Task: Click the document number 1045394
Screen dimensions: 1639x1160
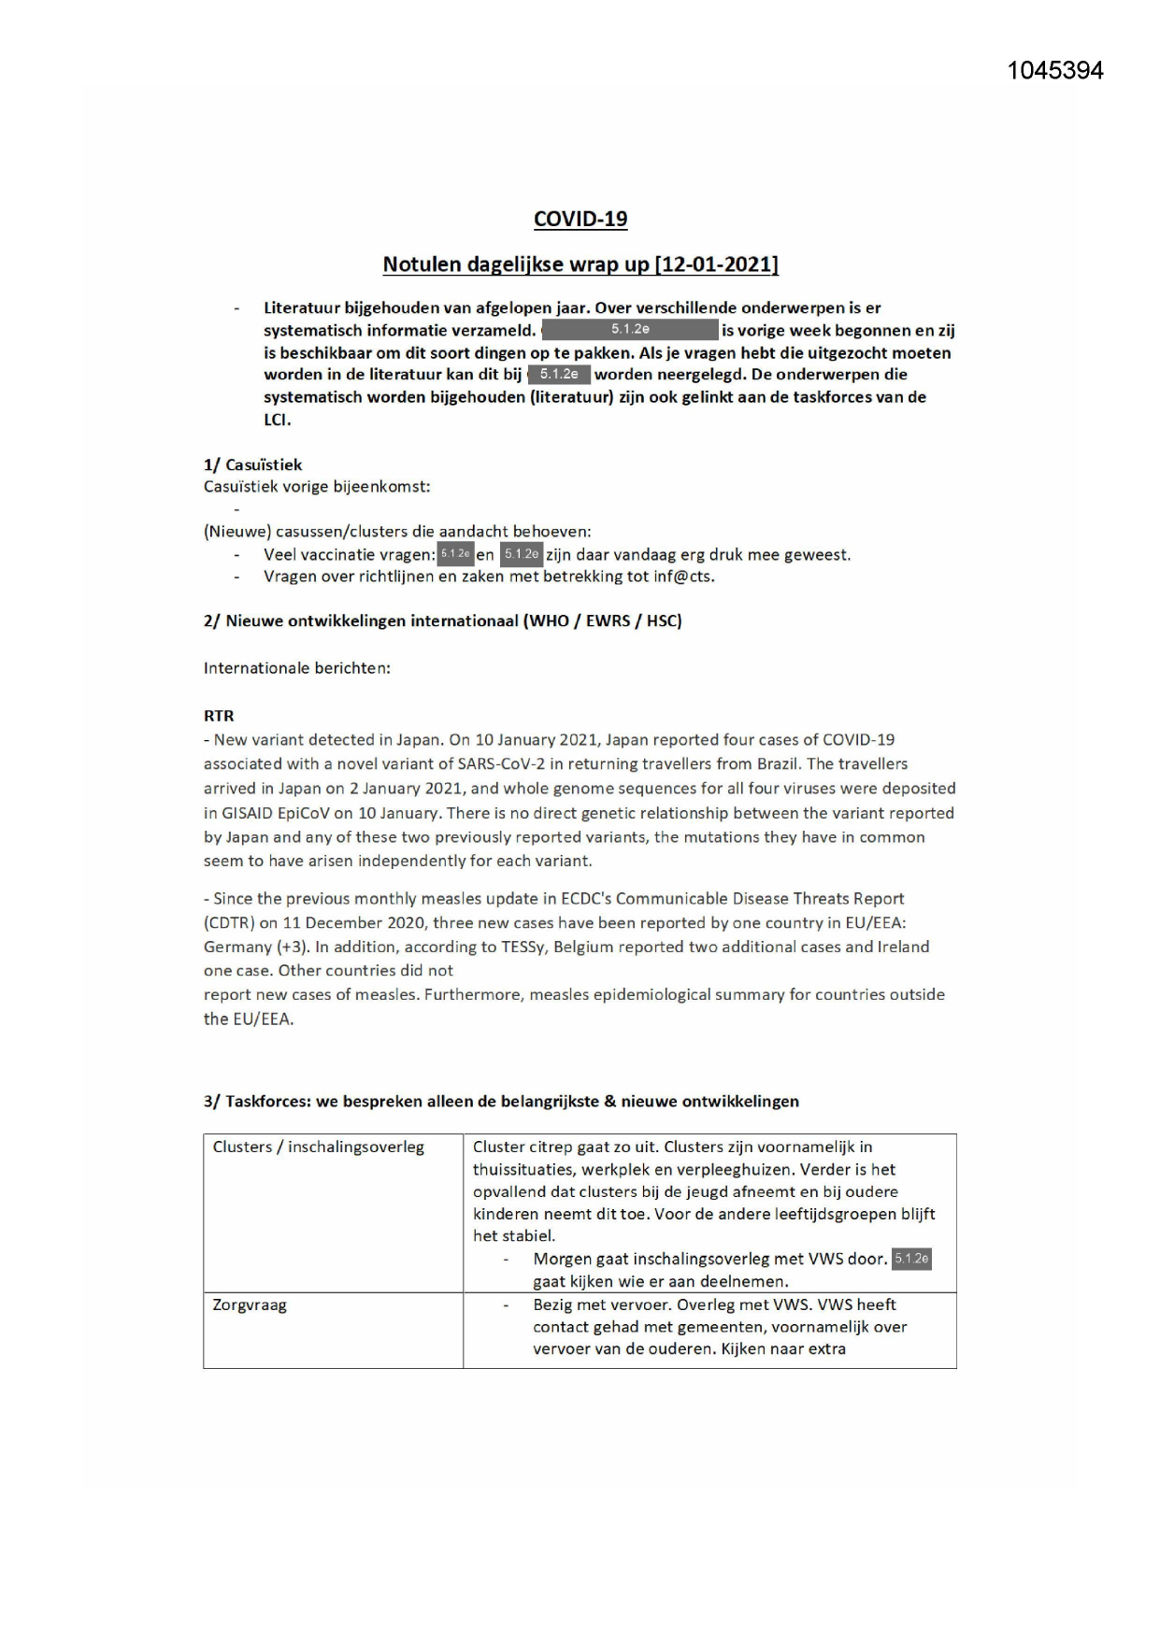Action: [1054, 71]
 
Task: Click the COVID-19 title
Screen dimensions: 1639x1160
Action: [580, 219]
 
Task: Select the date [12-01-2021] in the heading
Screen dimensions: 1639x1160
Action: [716, 264]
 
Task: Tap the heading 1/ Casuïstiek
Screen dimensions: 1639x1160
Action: [252, 464]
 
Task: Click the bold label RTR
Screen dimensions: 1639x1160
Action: [219, 716]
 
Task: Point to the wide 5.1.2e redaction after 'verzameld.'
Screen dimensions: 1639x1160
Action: [630, 330]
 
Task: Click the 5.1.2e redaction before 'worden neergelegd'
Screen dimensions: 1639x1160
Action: [559, 375]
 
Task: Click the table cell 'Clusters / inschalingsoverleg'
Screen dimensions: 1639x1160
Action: [318, 1147]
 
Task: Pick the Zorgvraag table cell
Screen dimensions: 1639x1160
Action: [250, 1305]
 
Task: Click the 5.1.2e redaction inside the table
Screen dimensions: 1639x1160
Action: [911, 1259]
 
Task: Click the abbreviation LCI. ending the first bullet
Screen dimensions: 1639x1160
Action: [278, 420]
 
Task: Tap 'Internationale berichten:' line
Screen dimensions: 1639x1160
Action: [297, 668]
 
